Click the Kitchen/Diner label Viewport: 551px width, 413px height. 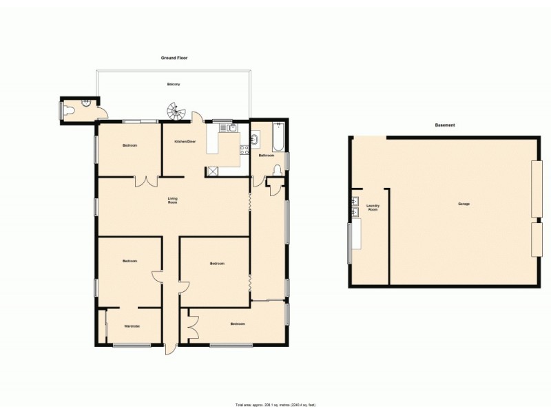coord(185,141)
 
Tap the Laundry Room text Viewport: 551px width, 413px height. coord(373,207)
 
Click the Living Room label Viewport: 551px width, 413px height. coord(174,201)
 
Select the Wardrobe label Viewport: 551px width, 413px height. coord(132,326)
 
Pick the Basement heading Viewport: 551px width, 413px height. coord(445,125)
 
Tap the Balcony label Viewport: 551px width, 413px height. coord(174,84)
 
